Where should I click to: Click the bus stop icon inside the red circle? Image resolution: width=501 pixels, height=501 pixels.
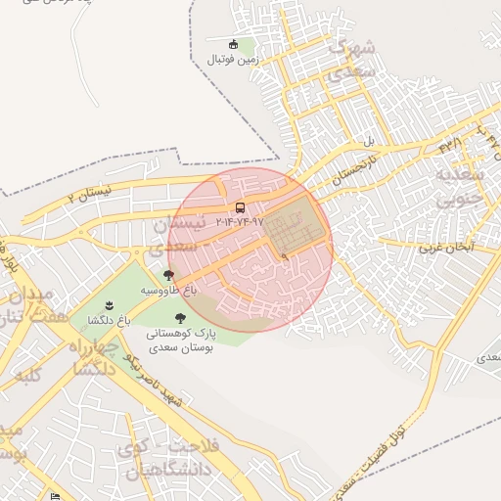pyautogui.click(x=241, y=207)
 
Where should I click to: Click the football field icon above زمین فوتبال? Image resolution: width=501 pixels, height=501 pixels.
pyautogui.click(x=233, y=44)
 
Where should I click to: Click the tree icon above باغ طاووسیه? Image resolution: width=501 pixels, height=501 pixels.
pyautogui.click(x=168, y=276)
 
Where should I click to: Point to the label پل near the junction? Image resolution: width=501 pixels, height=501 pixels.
pyautogui.click(x=369, y=142)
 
